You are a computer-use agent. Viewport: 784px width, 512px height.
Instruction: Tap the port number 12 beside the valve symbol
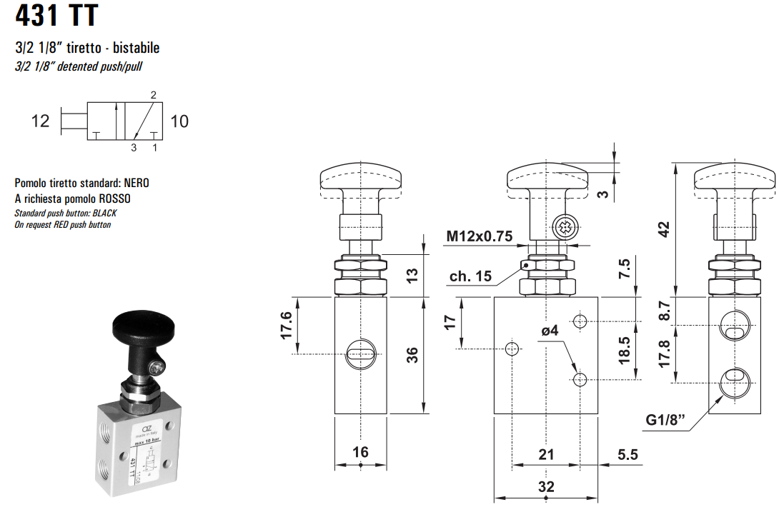(x=41, y=121)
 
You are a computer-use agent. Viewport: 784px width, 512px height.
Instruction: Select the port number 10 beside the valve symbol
(x=179, y=121)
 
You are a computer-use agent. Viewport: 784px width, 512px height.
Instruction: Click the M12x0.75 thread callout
(x=480, y=236)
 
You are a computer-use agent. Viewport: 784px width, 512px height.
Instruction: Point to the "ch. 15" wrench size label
(x=471, y=276)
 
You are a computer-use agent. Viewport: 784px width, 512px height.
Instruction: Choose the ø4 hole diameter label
(x=550, y=331)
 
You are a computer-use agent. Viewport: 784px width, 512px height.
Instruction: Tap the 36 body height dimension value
(x=412, y=355)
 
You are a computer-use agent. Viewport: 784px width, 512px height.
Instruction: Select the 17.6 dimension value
(x=286, y=325)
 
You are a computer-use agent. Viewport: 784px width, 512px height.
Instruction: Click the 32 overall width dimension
(x=546, y=487)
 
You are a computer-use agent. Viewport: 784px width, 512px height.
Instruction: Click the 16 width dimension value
(x=361, y=452)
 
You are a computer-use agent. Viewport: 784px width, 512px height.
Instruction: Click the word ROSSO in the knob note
(x=114, y=199)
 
